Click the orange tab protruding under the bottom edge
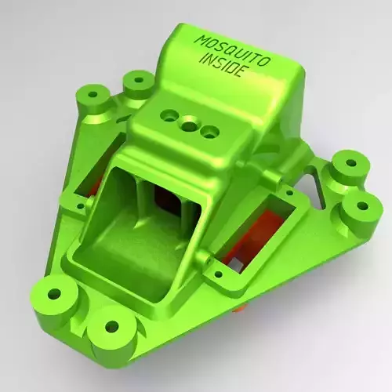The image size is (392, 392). pos(241,308)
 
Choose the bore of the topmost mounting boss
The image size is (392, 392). pos(139,80)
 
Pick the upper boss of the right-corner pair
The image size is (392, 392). pos(349,165)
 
